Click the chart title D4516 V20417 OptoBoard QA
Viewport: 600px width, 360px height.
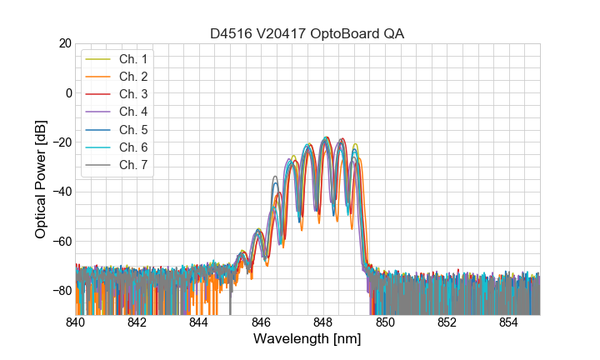click(x=307, y=33)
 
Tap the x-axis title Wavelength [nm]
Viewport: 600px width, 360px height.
click(x=307, y=340)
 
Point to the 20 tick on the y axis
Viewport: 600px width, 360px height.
click(x=64, y=43)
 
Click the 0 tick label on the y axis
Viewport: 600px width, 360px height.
click(x=67, y=92)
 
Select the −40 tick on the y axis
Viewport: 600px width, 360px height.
click(x=61, y=192)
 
